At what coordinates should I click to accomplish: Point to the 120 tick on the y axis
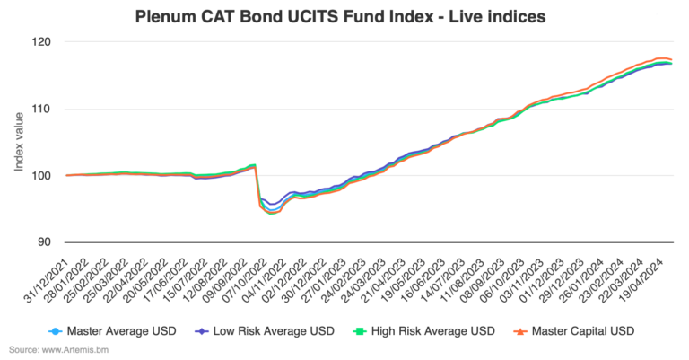[x=44, y=42]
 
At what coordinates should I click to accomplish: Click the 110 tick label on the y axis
[x=44, y=109]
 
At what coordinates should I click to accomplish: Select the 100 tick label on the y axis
[x=44, y=175]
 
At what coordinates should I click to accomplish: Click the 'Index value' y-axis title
[x=18, y=142]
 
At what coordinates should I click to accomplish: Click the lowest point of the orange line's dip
[x=271, y=215]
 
